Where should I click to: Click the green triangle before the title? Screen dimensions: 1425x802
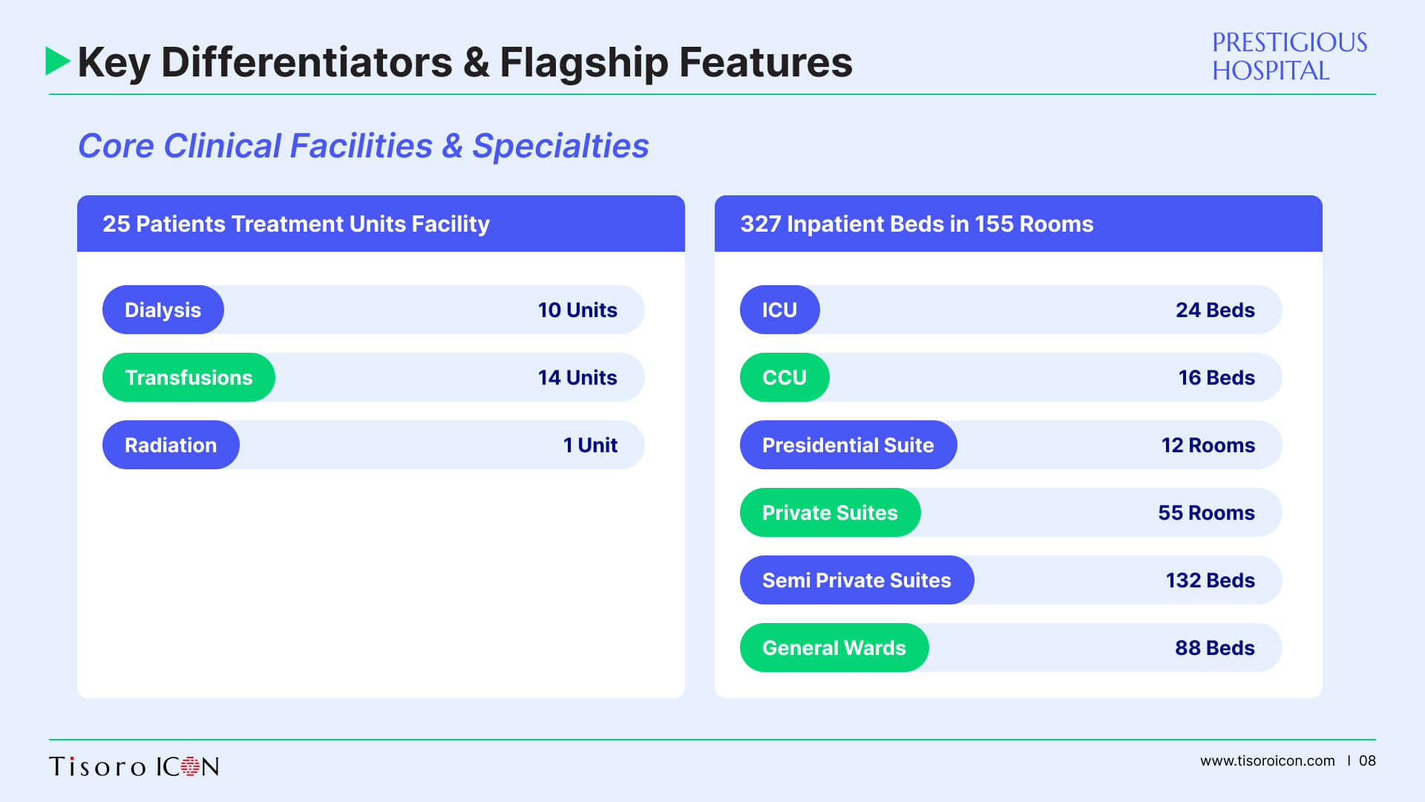pos(57,61)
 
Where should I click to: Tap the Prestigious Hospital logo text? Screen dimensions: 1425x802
pos(1289,56)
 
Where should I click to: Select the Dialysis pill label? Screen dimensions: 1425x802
pos(163,310)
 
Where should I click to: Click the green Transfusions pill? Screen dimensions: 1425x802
pos(189,377)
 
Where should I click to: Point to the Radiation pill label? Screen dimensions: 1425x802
pos(171,445)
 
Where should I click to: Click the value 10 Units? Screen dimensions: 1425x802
pos(577,310)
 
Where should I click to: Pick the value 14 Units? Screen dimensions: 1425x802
pos(577,377)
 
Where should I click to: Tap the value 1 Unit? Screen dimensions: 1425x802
pos(590,445)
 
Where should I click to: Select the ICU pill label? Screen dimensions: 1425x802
pos(780,310)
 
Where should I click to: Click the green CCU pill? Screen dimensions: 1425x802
pos(784,377)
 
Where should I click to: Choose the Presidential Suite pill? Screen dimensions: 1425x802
pos(848,445)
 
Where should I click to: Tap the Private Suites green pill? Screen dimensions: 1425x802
pos(831,512)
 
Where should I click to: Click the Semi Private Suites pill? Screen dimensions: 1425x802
pos(857,580)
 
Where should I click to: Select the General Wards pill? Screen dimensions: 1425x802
pos(834,648)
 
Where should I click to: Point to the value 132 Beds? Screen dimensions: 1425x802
pos(1211,580)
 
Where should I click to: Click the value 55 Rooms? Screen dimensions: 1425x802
pos(1207,512)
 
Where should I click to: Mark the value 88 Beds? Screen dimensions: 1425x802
pos(1215,648)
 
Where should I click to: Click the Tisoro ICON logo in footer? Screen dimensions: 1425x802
pos(134,766)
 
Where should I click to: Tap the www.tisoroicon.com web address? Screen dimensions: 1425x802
pos(1268,760)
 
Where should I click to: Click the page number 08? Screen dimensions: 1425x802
pos(1367,760)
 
